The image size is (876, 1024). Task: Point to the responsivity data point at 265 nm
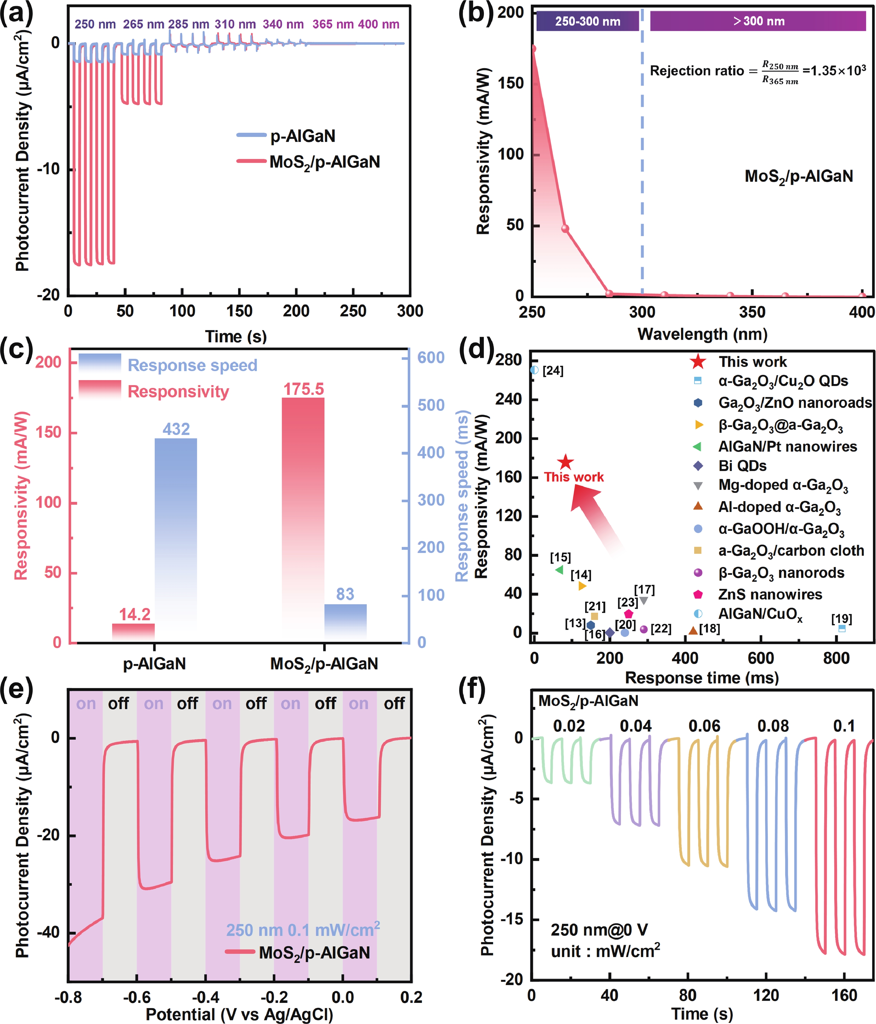565,229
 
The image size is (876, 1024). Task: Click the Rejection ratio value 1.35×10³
834,71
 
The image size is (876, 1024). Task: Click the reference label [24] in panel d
553,371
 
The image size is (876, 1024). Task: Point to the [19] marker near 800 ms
842,629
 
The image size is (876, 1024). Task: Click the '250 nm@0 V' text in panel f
599,930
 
